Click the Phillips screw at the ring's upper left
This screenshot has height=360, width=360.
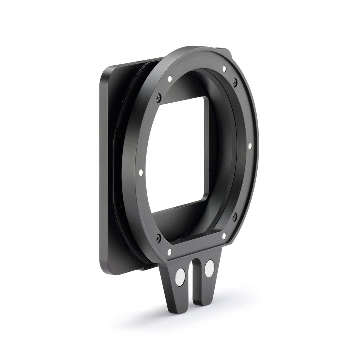click(159, 95)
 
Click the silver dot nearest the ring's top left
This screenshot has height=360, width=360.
click(170, 79)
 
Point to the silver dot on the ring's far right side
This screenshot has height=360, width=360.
click(250, 145)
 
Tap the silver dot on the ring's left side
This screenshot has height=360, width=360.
click(141, 172)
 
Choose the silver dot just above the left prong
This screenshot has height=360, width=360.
click(170, 252)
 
